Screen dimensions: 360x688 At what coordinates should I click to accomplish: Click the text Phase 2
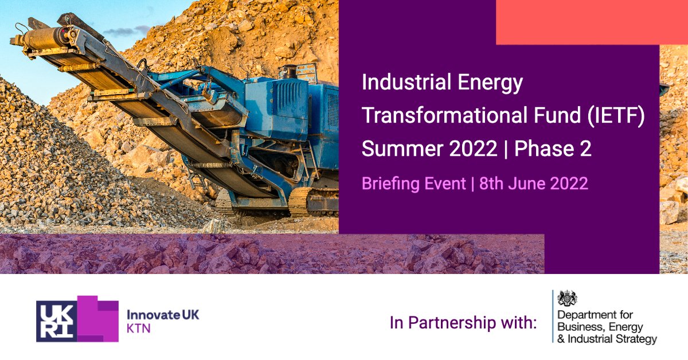click(553, 150)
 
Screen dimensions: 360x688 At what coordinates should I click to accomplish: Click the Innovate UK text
click(162, 314)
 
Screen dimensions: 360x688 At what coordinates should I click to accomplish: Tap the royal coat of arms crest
click(568, 298)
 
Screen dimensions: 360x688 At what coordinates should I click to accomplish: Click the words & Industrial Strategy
click(607, 339)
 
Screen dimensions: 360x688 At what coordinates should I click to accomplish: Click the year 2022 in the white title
click(473, 150)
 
